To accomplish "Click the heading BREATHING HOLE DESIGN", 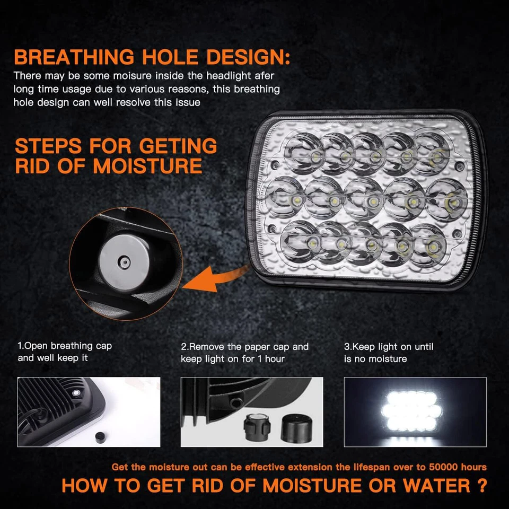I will (152, 57).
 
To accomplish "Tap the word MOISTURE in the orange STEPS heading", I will (148, 166).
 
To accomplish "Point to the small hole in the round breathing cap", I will (124, 260).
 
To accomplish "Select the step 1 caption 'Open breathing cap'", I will (65, 346).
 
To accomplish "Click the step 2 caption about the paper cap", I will (244, 347).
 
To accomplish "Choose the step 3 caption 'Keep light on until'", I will (389, 347).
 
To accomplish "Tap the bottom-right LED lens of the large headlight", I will (428, 245).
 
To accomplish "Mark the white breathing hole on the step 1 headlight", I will (76, 392).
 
